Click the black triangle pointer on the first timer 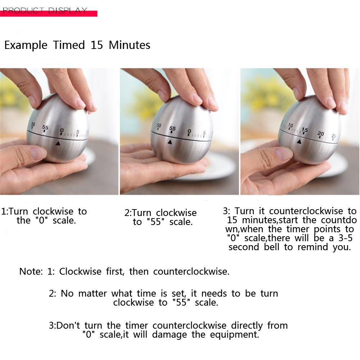pos(58,144)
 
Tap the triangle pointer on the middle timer pos(170,142)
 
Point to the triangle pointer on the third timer pos(299,141)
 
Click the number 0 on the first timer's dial pos(62,131)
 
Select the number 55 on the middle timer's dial pos(172,129)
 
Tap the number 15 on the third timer pos(305,130)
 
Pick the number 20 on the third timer pos(320,134)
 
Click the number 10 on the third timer pos(291,125)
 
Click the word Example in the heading pos(26,45)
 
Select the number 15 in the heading pos(96,45)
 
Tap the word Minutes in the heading pos(130,45)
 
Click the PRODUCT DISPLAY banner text pos(45,10)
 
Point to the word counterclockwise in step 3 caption pos(306,211)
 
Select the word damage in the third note pos(170,335)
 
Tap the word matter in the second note pos(93,293)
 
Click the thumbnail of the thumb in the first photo pos(39,153)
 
